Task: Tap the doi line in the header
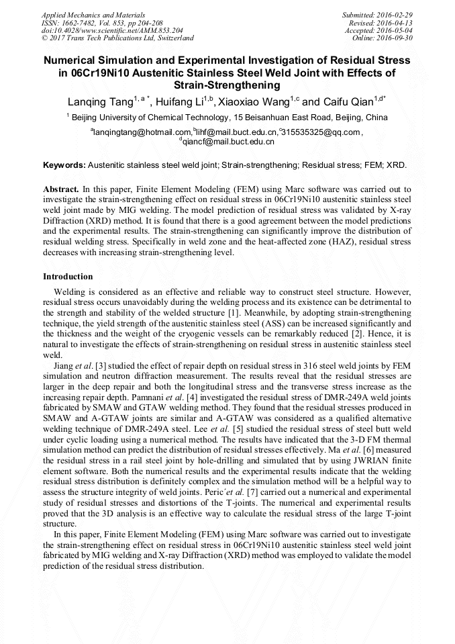pos(112,30)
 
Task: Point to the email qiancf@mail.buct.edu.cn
pos(229,142)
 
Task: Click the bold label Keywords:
pos(64,165)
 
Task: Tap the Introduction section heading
pos(68,277)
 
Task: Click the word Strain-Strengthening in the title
pos(227,85)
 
